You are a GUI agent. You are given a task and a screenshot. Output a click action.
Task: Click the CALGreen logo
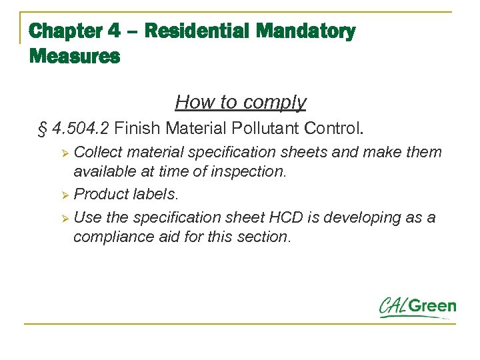click(417, 307)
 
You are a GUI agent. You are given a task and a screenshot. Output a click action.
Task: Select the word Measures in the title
click(75, 57)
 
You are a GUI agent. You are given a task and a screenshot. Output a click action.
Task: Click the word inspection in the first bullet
click(248, 171)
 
